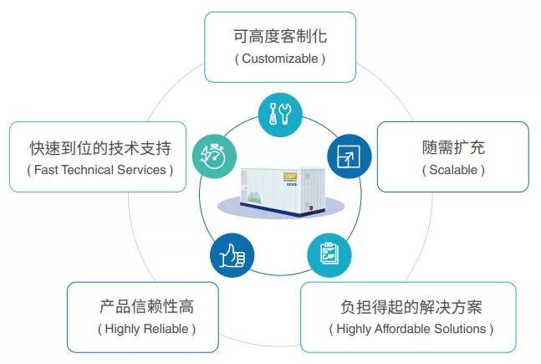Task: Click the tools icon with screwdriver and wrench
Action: [x=280, y=115]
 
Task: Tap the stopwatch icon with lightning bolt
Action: [x=214, y=156]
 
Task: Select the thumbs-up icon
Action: [x=232, y=255]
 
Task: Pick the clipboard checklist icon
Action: [x=329, y=255]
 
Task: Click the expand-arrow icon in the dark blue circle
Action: [x=350, y=156]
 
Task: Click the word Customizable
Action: [x=280, y=59]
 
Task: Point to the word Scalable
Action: [x=453, y=170]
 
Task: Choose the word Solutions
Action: [x=460, y=329]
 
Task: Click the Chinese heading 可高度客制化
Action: [x=280, y=36]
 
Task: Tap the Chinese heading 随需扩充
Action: [x=453, y=147]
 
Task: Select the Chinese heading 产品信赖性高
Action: [x=146, y=306]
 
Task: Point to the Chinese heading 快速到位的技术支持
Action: [x=100, y=148]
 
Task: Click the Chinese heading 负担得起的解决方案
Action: [x=411, y=307]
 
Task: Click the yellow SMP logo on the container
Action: [x=290, y=176]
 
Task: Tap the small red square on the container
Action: [x=310, y=208]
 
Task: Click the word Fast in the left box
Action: [x=46, y=170]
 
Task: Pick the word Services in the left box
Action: [x=141, y=170]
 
